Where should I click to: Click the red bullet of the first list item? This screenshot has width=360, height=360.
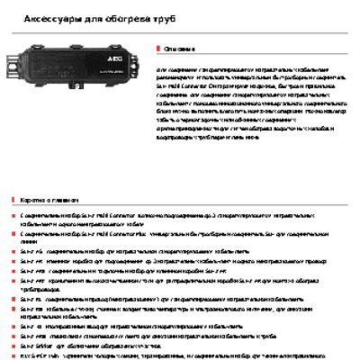[x=13, y=217]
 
